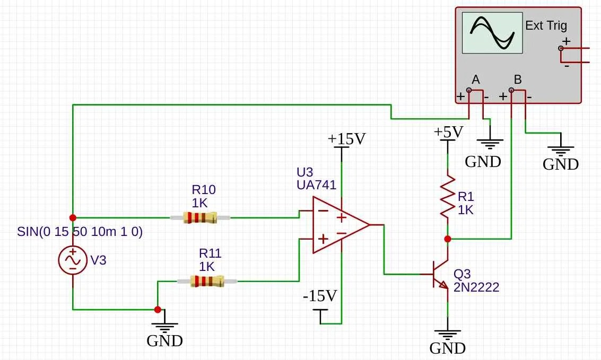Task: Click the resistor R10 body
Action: [200, 217]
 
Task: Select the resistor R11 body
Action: [207, 281]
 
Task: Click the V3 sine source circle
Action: [73, 260]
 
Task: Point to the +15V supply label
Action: [346, 139]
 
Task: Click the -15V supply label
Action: [320, 296]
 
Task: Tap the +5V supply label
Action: [448, 131]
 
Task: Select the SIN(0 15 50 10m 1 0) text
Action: [80, 232]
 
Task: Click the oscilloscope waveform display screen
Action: [492, 33]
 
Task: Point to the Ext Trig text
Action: [546, 25]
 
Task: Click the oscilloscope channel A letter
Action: [475, 80]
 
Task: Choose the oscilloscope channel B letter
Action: [518, 80]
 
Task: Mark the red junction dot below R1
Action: [448, 239]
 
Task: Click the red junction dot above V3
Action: [73, 217]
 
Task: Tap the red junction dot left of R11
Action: [158, 309]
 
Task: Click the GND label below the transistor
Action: [447, 348]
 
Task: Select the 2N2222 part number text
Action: [476, 287]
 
